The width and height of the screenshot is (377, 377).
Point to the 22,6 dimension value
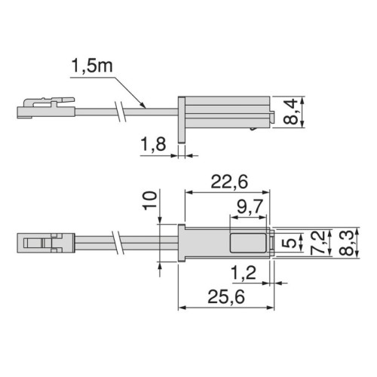(228, 180)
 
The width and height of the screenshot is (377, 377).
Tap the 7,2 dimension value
(323, 243)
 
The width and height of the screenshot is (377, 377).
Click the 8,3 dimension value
(348, 243)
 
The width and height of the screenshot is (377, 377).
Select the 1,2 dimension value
(243, 270)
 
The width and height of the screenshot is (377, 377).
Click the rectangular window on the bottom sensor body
(249, 243)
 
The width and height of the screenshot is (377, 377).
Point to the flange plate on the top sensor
(182, 117)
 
